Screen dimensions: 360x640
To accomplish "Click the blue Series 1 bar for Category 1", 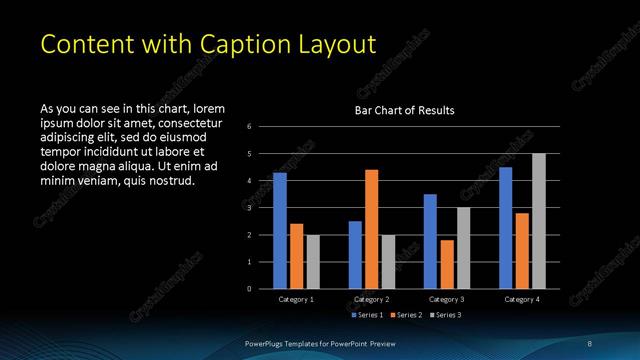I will click(x=280, y=231).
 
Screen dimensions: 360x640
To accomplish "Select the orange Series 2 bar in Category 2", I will click(x=371, y=229).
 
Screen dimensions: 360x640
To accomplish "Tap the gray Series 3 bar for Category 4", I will click(x=539, y=221).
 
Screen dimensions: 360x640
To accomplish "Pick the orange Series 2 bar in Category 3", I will click(x=446, y=264).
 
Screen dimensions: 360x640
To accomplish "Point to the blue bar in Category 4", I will click(x=506, y=228).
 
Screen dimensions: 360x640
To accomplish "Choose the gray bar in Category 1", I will click(x=313, y=261).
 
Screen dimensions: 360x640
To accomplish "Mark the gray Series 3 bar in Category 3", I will click(x=463, y=248).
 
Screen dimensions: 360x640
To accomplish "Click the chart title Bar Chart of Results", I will click(x=405, y=111).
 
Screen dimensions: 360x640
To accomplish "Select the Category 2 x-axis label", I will click(x=372, y=299).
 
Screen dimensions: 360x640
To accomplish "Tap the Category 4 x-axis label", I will click(x=522, y=299).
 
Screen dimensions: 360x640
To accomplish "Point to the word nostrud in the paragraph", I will click(x=171, y=181).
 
